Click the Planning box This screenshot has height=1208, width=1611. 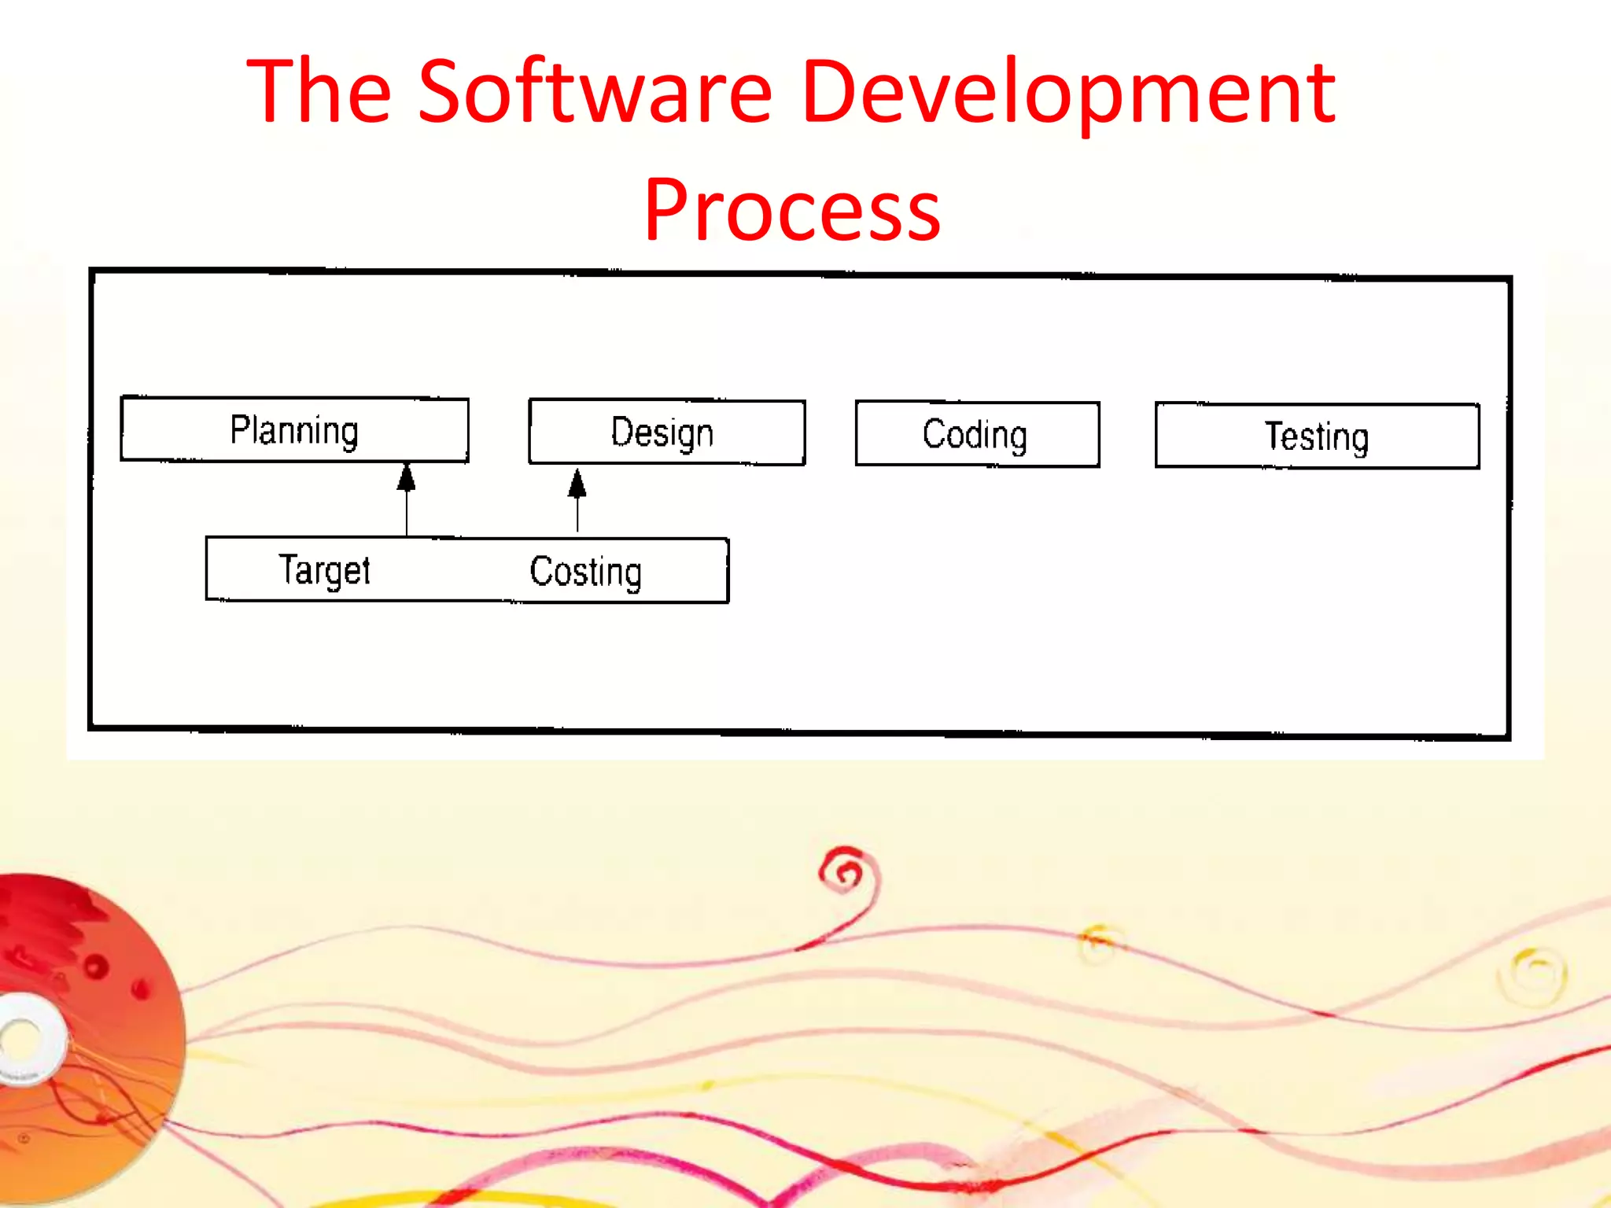[x=294, y=429]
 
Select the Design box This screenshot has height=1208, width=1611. [x=666, y=433]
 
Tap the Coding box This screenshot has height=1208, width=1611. [x=977, y=434]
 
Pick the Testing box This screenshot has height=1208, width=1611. [x=1317, y=436]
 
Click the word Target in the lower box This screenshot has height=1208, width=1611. [x=324, y=570]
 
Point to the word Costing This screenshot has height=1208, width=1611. [x=585, y=572]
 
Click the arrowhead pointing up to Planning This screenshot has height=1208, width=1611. [x=406, y=477]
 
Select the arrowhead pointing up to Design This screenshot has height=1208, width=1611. [x=577, y=484]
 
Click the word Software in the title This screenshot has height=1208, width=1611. [x=595, y=92]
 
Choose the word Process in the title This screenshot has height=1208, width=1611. [x=792, y=210]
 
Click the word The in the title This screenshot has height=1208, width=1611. [x=319, y=92]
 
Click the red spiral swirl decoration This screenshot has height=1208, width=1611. [x=846, y=871]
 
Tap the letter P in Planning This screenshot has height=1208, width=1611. [x=238, y=429]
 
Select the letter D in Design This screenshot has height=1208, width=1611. [x=621, y=432]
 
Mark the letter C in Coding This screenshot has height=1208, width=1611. [x=934, y=433]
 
